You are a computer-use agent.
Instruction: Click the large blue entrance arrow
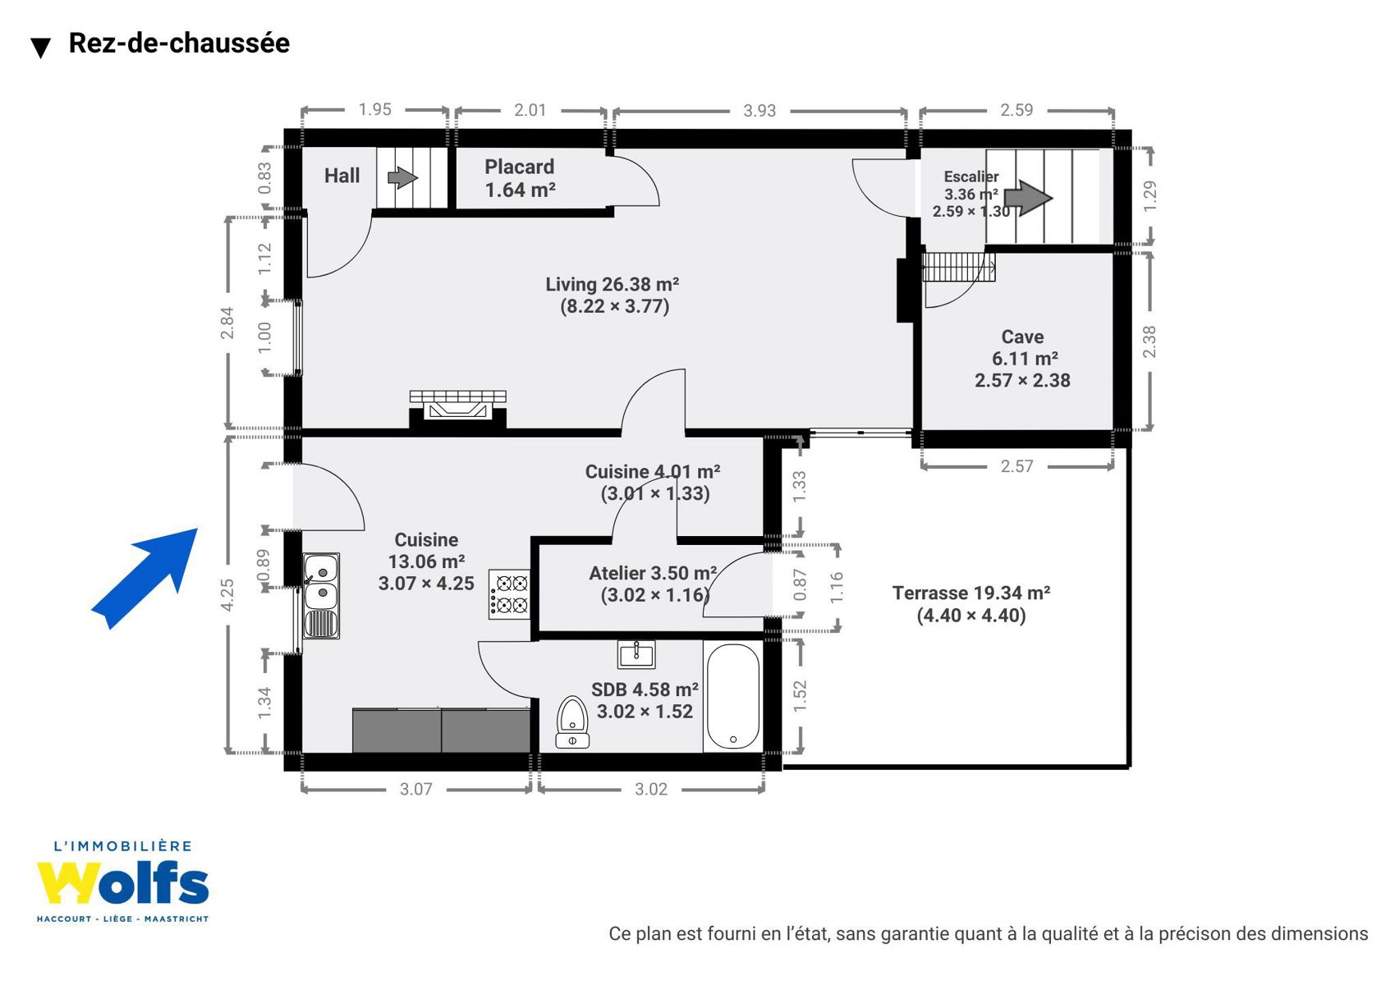(x=145, y=579)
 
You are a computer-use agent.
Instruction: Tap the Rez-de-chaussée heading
(x=179, y=43)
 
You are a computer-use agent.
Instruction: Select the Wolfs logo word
(x=122, y=882)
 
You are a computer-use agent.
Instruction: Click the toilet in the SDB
(x=572, y=722)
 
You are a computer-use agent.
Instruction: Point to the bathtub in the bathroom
(x=733, y=696)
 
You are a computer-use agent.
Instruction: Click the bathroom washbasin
(x=636, y=653)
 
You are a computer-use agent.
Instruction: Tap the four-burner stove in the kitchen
(x=509, y=594)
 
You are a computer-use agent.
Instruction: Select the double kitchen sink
(x=321, y=596)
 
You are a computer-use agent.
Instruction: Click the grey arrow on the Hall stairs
(x=402, y=177)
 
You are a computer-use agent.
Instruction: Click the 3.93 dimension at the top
(x=759, y=111)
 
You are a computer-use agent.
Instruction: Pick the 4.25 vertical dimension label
(x=227, y=594)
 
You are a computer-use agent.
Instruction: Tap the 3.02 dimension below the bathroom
(x=651, y=790)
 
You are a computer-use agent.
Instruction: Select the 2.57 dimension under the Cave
(x=1016, y=466)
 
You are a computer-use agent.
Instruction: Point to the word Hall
(x=342, y=176)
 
